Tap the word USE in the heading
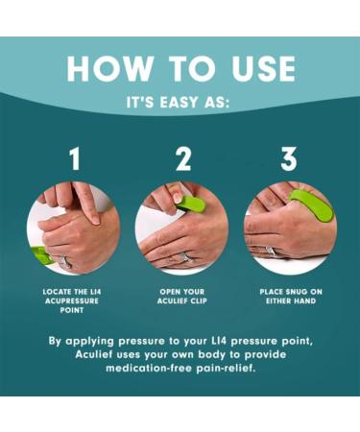pyautogui.click(x=254, y=69)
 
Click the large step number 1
pyautogui.click(x=72, y=158)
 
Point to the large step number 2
pyautogui.click(x=182, y=158)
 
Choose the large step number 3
pyautogui.click(x=290, y=158)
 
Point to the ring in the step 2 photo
pyautogui.click(x=182, y=257)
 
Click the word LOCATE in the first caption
pyautogui.click(x=59, y=289)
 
